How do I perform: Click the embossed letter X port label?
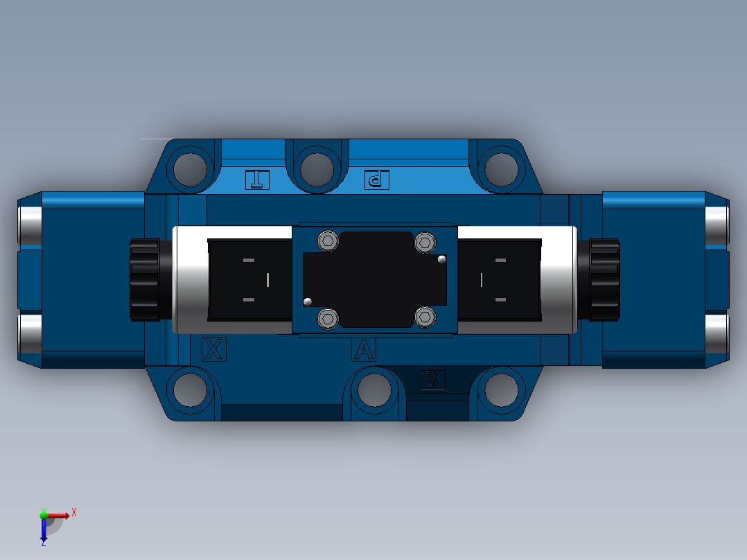tap(214, 349)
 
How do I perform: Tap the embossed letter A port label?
tap(364, 349)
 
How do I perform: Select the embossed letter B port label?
tap(432, 380)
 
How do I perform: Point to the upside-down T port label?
tap(257, 180)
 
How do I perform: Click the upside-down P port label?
tap(376, 180)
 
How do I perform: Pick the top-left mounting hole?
tap(190, 169)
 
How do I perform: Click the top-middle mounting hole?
tap(317, 169)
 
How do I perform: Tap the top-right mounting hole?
tap(501, 169)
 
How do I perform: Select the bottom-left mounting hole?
tap(190, 390)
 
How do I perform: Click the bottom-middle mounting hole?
tap(374, 390)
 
